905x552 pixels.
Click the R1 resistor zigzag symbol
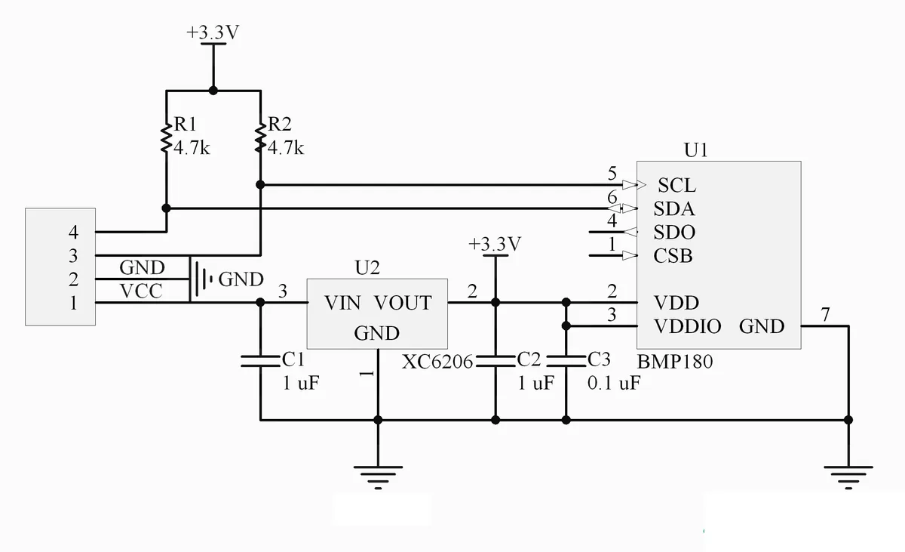(x=166, y=139)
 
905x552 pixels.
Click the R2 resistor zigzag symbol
(x=261, y=139)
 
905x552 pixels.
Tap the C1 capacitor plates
(x=260, y=361)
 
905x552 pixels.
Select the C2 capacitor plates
(x=495, y=361)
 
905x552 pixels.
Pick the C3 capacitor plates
(x=566, y=361)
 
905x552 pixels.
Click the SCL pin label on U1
(x=676, y=185)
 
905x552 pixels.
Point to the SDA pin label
(x=674, y=208)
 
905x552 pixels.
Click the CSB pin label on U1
(x=673, y=255)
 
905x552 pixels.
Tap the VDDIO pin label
(x=687, y=326)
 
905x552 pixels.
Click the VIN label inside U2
(x=342, y=303)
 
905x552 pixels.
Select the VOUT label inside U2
(x=403, y=303)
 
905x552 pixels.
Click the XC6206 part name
(x=437, y=362)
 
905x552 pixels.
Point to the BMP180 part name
(x=675, y=362)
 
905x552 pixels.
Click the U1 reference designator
(x=695, y=150)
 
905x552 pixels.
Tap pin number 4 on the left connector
(x=73, y=232)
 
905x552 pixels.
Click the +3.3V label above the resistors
(x=213, y=32)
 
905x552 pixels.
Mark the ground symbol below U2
(x=378, y=477)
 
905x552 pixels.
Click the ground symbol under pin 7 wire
(x=848, y=477)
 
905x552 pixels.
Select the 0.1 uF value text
(x=614, y=383)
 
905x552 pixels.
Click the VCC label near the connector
(x=141, y=291)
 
